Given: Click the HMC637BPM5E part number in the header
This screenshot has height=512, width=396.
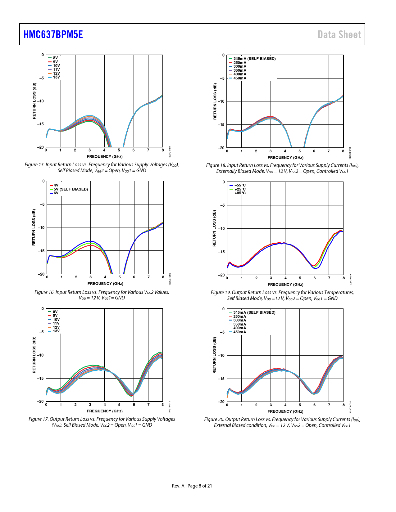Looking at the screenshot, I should coord(53,34).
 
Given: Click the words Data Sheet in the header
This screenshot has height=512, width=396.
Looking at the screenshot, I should coord(339,34).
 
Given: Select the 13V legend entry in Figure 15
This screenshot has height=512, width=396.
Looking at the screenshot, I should coord(56,77).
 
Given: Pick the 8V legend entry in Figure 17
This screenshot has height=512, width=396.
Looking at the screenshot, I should coord(55,312).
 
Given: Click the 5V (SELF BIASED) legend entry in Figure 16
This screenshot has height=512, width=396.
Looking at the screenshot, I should coord(71,189).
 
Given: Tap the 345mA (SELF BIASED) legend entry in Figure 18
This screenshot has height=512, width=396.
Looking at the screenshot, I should coord(254,59).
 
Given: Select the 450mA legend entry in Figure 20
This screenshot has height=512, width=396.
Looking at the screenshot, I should coord(239,332).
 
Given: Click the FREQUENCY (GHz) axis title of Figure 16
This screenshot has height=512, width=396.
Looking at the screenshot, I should coord(105,284).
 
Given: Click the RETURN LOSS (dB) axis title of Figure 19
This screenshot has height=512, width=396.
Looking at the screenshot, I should coord(214,228).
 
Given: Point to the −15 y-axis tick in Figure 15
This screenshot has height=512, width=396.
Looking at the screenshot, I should coord(41,124).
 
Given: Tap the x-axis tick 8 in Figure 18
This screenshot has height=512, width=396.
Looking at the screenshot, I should coord(343,151).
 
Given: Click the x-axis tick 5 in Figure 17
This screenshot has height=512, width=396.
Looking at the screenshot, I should coord(119,405).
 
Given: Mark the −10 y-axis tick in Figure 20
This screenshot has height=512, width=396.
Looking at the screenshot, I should coord(221,356).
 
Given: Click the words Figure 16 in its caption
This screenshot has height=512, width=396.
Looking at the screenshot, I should coord(45,292).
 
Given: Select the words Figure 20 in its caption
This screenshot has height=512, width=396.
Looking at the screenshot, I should coord(214,420).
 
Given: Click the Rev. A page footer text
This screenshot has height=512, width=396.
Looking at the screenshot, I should coord(178,486).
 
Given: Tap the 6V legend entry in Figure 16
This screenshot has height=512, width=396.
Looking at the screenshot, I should coord(56,193).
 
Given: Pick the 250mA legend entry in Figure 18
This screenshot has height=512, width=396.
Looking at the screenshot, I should coord(240,63).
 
